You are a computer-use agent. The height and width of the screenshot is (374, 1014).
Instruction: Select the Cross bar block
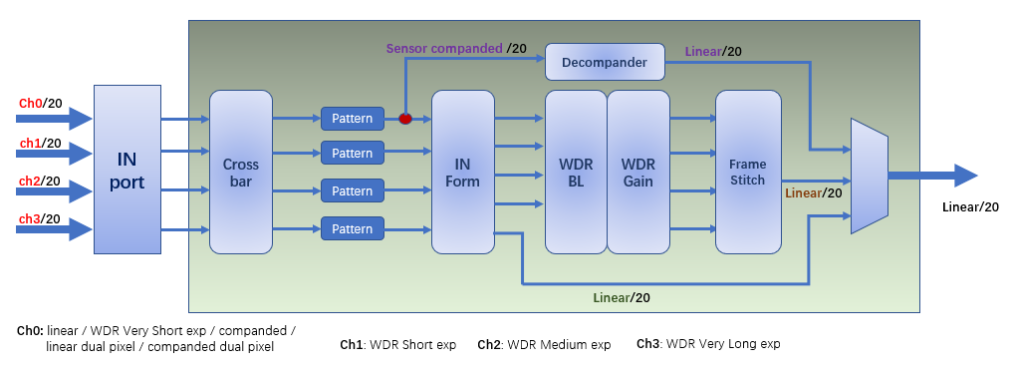241,172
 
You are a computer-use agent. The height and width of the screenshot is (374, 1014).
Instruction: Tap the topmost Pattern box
352,119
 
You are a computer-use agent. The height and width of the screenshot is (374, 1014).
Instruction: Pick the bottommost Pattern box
352,229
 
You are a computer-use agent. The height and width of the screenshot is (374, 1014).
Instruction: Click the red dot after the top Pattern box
405,119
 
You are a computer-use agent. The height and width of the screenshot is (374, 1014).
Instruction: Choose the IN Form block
462,172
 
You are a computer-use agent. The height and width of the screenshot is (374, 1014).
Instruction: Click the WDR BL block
576,172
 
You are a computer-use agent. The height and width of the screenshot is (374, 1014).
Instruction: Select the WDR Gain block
637,172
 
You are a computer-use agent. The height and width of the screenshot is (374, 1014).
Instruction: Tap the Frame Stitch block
747,172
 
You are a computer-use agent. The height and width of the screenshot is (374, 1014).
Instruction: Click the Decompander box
605,63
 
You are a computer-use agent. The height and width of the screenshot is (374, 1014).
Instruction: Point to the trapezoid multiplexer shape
869,176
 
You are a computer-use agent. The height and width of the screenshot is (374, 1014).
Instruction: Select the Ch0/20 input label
40,104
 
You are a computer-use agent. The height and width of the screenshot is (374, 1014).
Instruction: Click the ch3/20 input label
40,218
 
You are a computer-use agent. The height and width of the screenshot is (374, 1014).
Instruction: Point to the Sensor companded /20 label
456,47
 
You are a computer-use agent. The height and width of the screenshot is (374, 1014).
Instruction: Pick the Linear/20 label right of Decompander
713,52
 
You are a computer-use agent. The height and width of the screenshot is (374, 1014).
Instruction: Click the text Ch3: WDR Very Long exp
708,344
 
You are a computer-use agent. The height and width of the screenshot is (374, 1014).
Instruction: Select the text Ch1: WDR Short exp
397,345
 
